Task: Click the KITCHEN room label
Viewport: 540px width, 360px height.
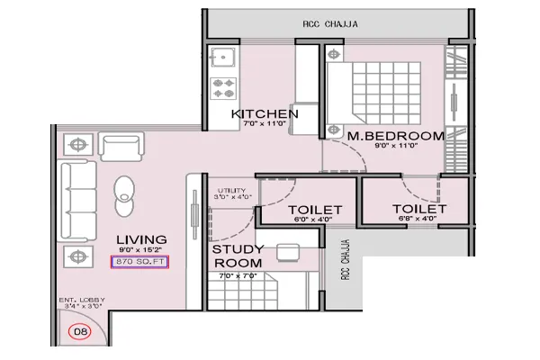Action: (x=264, y=113)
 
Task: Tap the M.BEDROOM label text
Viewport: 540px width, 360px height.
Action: (x=396, y=136)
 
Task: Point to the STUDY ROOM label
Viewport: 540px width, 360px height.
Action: (x=238, y=256)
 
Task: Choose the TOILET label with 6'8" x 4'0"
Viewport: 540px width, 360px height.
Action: (x=415, y=208)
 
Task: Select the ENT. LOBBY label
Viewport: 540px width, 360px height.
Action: (x=84, y=300)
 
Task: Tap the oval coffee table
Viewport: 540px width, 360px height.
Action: (x=123, y=191)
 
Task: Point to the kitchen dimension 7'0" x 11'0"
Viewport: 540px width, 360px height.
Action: (x=264, y=125)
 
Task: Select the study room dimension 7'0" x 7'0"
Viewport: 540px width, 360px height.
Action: (x=238, y=275)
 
